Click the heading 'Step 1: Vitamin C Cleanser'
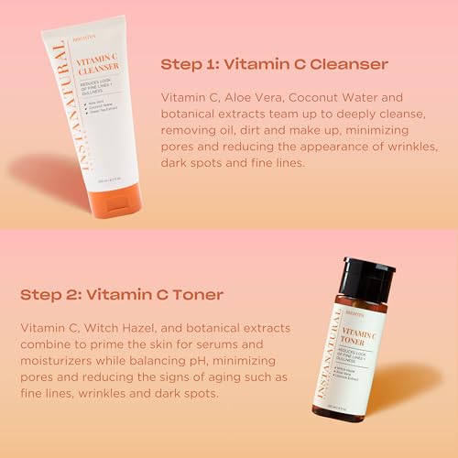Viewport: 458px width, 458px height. [274, 64]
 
